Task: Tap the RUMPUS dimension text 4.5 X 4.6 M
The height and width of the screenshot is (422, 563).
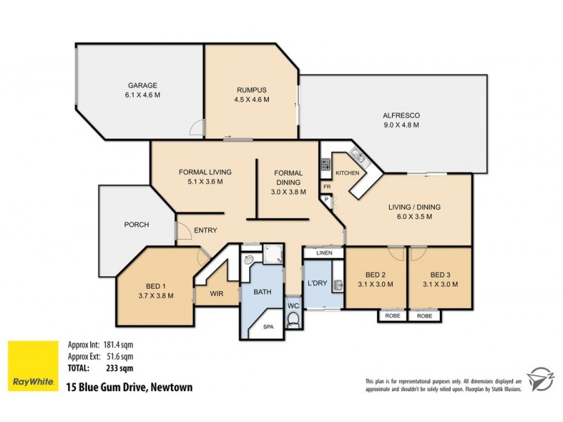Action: click(x=252, y=100)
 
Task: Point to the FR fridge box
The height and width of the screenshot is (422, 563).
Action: click(x=327, y=187)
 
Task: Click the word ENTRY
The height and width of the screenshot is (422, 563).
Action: click(x=205, y=231)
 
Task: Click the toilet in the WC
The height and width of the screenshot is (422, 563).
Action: click(x=293, y=320)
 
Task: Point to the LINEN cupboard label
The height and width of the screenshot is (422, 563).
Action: click(x=324, y=252)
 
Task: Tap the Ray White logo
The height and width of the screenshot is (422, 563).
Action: click(x=31, y=365)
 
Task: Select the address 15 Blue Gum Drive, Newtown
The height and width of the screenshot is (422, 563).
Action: click(x=129, y=386)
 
